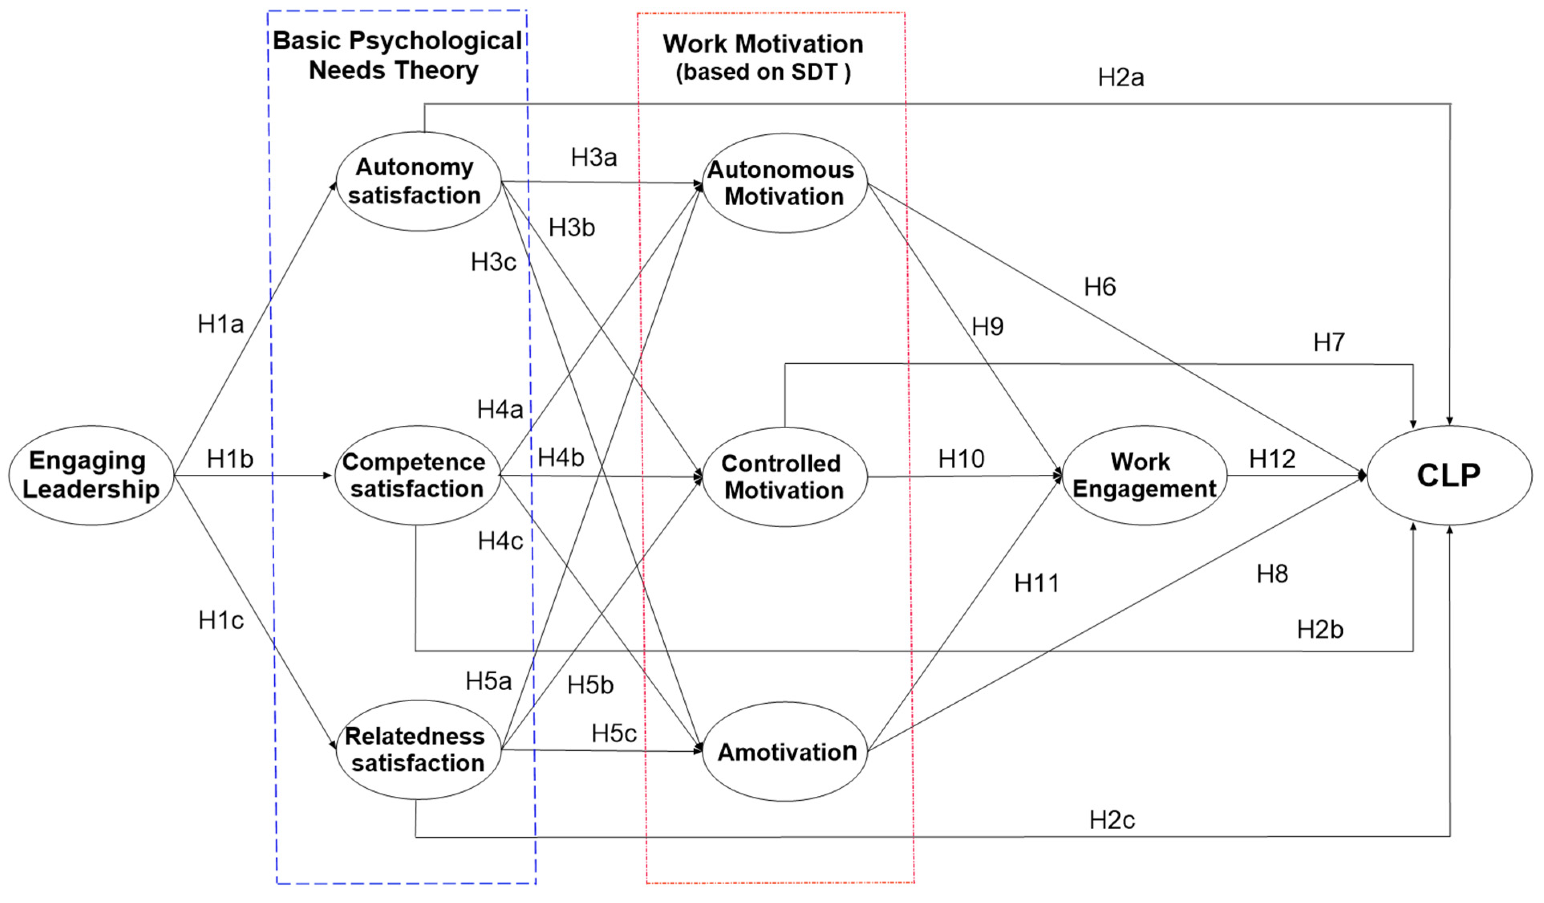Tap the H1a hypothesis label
coord(221,324)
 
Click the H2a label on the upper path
coord(1120,78)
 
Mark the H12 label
coord(1272,459)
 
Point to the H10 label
coord(961,459)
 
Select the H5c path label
coord(613,733)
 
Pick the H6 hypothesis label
coord(1100,287)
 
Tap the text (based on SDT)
coord(763,72)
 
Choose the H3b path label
coord(571,227)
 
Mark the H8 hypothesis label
coord(1272,574)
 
